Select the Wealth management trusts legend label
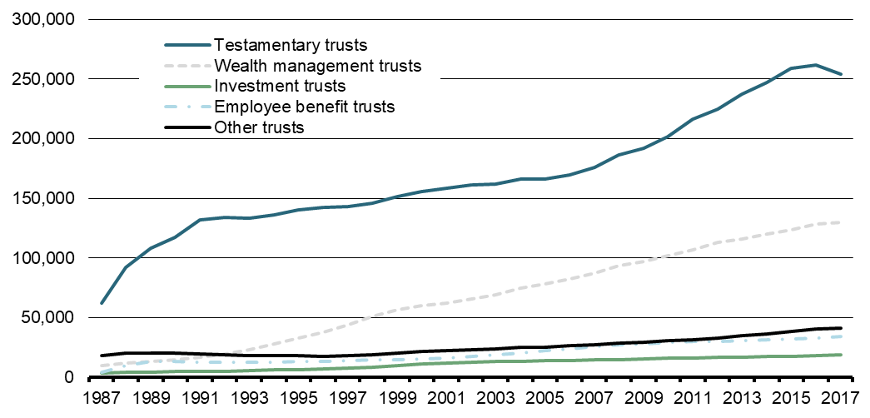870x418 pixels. [x=317, y=64]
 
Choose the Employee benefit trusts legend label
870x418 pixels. [x=304, y=106]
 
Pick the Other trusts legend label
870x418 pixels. [x=259, y=127]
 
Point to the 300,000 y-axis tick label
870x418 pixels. [x=42, y=19]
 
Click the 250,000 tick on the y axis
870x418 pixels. [x=42, y=79]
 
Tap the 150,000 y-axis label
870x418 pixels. [x=42, y=198]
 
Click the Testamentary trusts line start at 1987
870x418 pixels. [x=102, y=303]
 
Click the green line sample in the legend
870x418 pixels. [x=187, y=85]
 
